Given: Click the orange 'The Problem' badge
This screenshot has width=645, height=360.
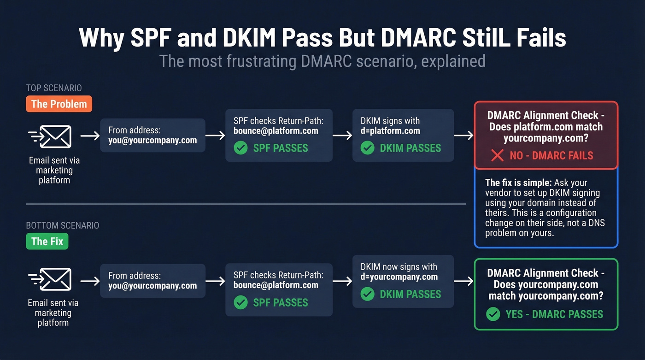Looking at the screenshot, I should click(x=59, y=104).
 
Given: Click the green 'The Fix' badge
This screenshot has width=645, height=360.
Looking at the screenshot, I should click(x=47, y=241).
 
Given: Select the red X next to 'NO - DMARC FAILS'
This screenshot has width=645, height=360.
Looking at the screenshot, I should click(x=497, y=155).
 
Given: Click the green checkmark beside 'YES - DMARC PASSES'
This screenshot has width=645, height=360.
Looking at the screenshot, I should click(x=493, y=314).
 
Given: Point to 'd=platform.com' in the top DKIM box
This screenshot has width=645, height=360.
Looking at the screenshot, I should click(x=390, y=130).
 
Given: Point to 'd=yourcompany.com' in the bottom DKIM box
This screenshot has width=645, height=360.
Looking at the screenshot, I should click(x=399, y=277).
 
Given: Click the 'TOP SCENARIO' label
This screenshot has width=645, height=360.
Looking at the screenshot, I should click(x=54, y=88).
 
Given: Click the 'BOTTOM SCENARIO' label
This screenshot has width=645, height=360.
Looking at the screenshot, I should click(x=62, y=225).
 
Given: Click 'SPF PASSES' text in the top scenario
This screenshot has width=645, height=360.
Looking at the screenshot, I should click(x=281, y=148).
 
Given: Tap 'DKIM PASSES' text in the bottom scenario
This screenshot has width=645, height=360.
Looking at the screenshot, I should click(x=410, y=294).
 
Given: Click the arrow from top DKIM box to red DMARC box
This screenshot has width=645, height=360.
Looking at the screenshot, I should click(x=463, y=136).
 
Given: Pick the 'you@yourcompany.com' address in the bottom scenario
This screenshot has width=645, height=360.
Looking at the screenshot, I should click(x=152, y=285).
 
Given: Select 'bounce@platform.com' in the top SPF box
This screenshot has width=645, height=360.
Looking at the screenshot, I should click(x=276, y=130).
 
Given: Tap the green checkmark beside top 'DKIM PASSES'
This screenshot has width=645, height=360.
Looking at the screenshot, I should click(x=367, y=148).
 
